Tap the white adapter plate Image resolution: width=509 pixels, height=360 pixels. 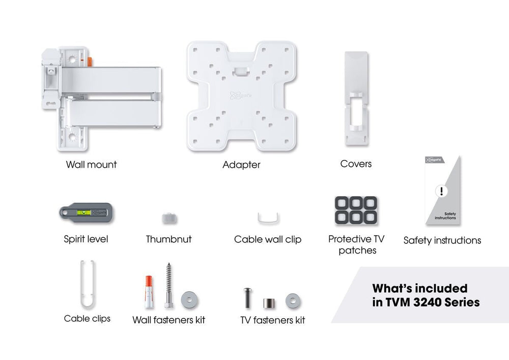tap(241, 97)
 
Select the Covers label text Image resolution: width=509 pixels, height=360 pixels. tap(356, 164)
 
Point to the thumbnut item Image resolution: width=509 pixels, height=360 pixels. tap(169, 218)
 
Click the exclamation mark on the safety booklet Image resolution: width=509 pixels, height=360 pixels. tap(441, 191)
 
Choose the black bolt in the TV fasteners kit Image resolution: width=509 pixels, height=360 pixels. tap(248, 297)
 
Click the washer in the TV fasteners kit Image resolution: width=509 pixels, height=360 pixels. tap(293, 300)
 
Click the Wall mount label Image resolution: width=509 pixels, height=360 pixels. tap(91, 164)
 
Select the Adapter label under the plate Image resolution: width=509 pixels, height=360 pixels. tap(241, 165)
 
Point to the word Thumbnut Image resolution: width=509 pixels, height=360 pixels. tap(168, 239)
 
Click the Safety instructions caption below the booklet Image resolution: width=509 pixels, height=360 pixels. tap(442, 240)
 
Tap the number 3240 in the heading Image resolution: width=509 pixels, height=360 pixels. tap(432, 302)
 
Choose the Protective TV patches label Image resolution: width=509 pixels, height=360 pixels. tap(356, 244)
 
